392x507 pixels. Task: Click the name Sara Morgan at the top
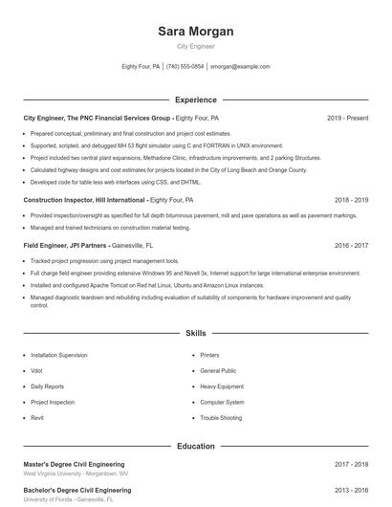click(196, 32)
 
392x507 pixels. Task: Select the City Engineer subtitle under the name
click(196, 46)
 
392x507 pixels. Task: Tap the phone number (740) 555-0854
click(185, 67)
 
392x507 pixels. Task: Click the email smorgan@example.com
click(240, 67)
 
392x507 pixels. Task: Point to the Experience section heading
click(196, 99)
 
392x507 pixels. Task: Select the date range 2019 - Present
click(347, 118)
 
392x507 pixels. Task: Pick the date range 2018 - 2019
click(351, 200)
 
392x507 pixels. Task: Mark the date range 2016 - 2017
click(351, 245)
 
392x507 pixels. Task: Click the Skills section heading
click(196, 334)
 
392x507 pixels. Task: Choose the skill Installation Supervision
click(58, 355)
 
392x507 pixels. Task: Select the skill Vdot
click(37, 370)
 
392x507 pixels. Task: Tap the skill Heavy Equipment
click(221, 386)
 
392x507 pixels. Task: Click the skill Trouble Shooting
click(221, 418)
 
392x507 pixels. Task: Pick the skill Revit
click(37, 418)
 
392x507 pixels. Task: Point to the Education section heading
click(196, 446)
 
